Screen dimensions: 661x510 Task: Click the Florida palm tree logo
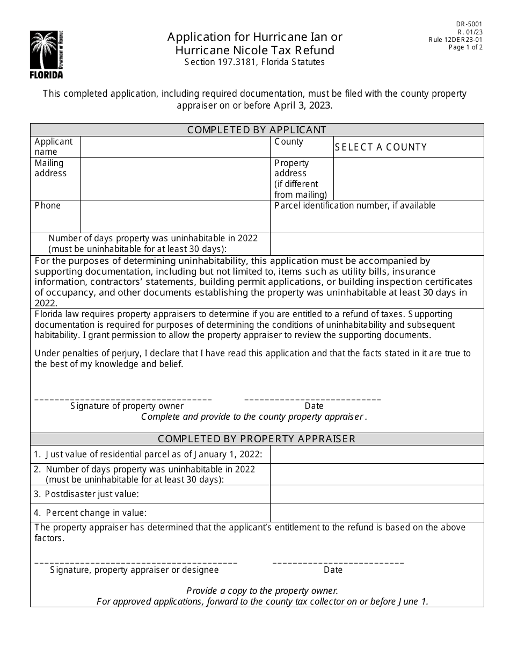(x=46, y=54)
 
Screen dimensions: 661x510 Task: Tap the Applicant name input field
(x=174, y=147)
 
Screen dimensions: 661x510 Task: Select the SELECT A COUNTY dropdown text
(x=381, y=147)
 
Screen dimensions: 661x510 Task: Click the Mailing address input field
(x=174, y=179)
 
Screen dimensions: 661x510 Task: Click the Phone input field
(x=174, y=217)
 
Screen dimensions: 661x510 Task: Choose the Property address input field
(x=408, y=179)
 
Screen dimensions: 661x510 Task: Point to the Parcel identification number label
(x=355, y=206)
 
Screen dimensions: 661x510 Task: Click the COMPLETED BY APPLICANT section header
(x=257, y=130)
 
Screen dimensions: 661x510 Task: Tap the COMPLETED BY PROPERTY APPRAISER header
(x=257, y=439)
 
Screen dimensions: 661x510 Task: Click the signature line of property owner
(x=123, y=399)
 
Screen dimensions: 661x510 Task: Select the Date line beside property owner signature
(x=312, y=399)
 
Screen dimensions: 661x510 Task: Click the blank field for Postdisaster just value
(x=376, y=494)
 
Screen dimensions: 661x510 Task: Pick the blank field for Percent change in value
(x=376, y=513)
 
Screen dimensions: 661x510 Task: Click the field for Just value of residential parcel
(x=376, y=455)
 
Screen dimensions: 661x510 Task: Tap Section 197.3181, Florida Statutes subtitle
(x=254, y=62)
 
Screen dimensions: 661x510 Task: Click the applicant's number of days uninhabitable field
(x=376, y=243)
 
